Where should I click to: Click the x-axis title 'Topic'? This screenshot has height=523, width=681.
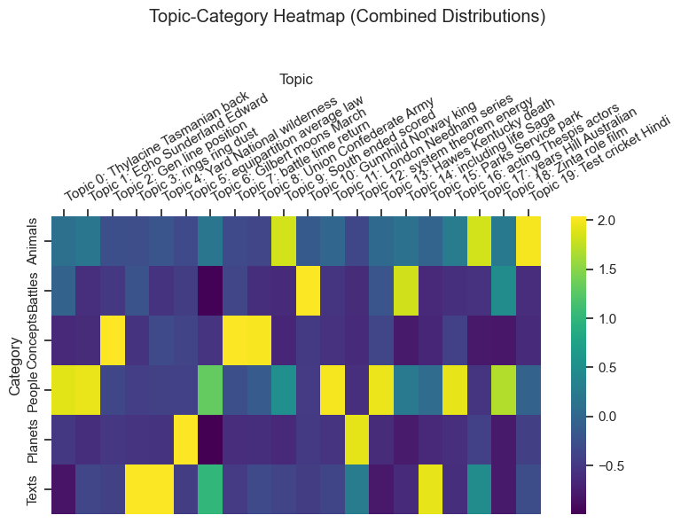(295, 80)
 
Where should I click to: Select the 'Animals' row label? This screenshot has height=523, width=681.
(32, 241)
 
